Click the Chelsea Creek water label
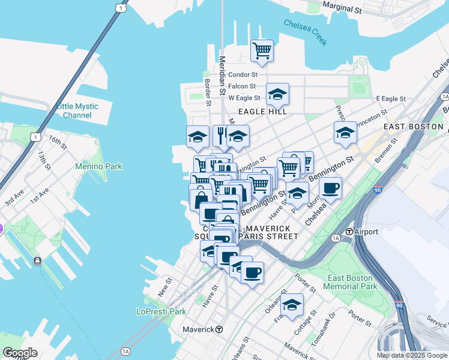306,32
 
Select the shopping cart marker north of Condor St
262,52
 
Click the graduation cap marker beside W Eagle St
277,95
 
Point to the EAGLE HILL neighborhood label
262,112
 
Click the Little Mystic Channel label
77,110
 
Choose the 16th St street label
58,143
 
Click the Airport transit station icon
349,232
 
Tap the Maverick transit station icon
220,329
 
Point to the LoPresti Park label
161,311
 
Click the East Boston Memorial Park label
352,282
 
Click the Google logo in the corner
20,353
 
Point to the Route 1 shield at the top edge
122,7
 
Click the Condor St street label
243,75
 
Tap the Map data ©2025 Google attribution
412,355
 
